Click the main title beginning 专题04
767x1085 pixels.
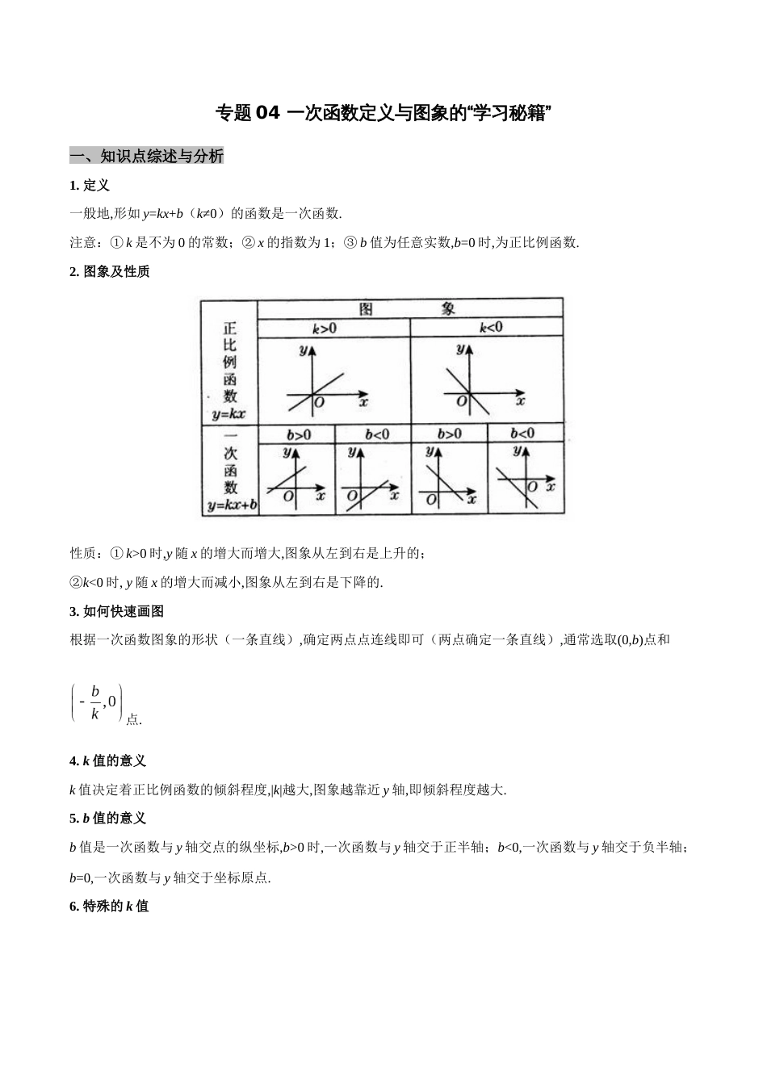point(383,113)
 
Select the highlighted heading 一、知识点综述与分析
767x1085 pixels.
point(146,157)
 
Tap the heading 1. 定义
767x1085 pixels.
point(90,186)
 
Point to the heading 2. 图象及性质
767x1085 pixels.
point(110,271)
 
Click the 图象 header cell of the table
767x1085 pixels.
point(409,308)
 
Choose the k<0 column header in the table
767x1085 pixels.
point(490,328)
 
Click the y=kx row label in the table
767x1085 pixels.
point(228,415)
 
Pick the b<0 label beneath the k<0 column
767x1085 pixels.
point(522,434)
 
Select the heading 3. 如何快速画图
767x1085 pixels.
point(117,611)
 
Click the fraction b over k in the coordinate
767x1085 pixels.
point(94,702)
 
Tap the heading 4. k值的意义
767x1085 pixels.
point(108,760)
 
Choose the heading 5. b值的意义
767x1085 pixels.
point(108,819)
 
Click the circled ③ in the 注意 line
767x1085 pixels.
point(350,242)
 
